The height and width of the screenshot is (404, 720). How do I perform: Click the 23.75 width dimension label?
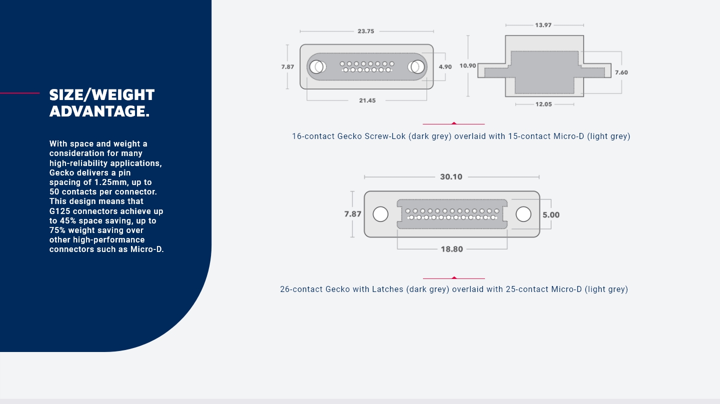365,31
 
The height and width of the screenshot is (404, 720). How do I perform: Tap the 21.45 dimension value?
367,100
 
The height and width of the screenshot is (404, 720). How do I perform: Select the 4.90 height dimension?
445,66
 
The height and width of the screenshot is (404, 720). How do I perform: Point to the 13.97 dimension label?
543,25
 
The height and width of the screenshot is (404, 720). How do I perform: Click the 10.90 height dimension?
467,65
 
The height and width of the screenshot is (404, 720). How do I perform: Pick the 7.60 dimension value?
621,72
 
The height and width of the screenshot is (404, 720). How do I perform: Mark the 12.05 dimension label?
544,104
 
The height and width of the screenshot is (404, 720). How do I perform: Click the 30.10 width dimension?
451,176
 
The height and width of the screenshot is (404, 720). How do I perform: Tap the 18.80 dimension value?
451,249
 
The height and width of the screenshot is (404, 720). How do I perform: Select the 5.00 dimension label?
551,215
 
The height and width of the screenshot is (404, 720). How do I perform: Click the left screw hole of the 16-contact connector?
317,66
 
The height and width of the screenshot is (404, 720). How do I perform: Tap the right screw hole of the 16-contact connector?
416,66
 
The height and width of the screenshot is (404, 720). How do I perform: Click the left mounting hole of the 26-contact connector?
380,214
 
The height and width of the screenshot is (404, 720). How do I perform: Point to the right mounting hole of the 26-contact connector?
523,214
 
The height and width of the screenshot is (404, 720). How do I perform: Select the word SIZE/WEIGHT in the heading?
102,94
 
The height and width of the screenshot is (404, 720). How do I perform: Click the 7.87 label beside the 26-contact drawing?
352,214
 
